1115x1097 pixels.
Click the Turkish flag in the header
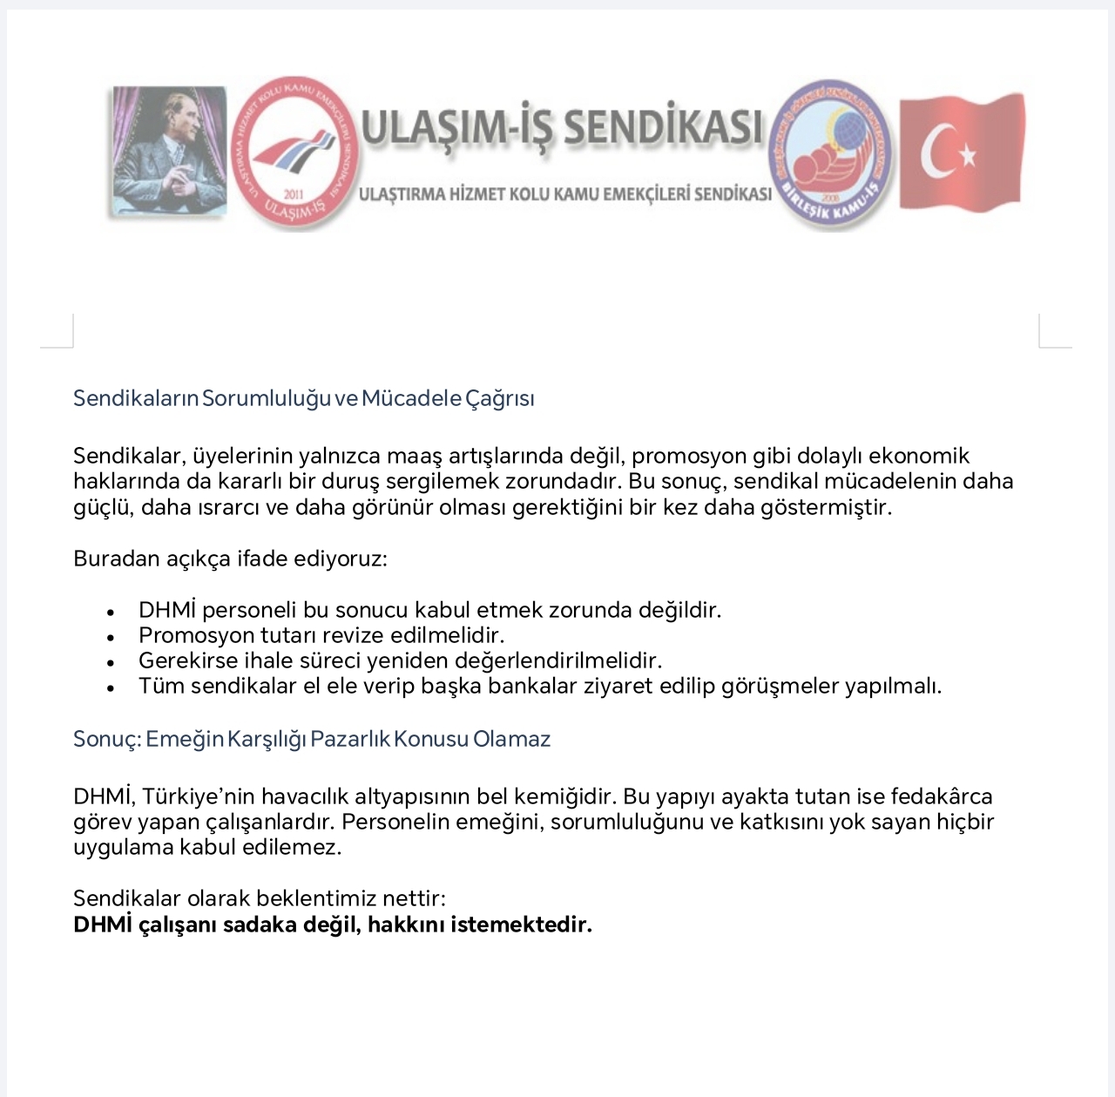962,152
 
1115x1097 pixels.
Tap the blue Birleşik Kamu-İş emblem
833,153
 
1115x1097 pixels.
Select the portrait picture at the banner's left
169,150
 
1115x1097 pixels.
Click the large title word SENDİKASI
663,127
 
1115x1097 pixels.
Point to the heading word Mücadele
411,398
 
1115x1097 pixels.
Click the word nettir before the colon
414,898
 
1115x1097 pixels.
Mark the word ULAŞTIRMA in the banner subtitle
402,194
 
